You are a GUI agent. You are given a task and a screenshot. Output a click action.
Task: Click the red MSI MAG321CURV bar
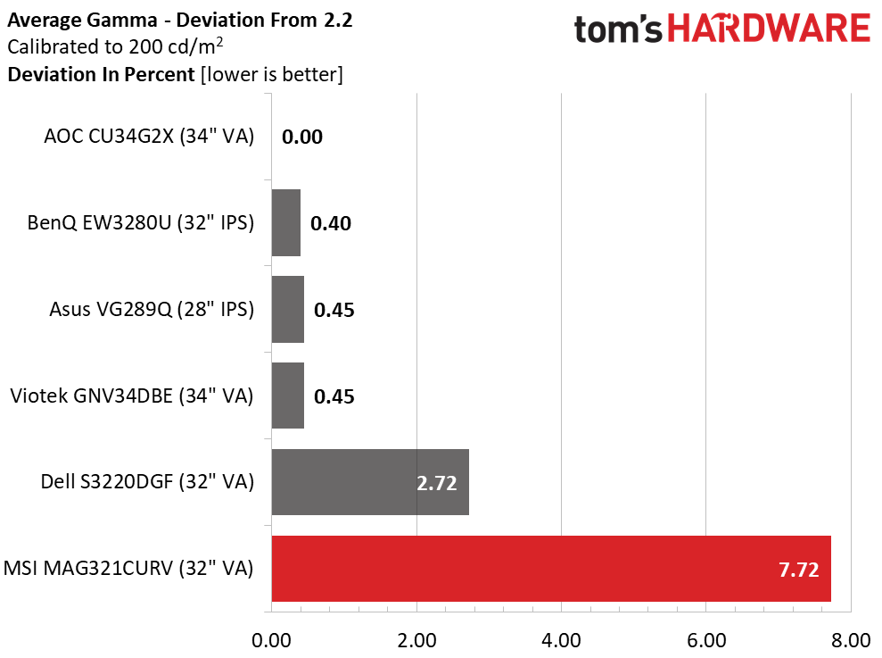[x=551, y=569]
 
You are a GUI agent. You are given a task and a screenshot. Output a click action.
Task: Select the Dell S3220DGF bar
[x=370, y=481]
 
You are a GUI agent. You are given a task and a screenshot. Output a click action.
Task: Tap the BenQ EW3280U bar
[x=286, y=222]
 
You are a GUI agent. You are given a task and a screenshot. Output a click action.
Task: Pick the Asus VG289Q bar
[x=288, y=309]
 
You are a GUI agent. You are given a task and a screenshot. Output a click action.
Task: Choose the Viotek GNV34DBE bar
[x=288, y=396]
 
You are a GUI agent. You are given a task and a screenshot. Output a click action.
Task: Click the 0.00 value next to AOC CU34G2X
[x=302, y=137]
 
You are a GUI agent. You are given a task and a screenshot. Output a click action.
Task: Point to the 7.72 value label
[x=799, y=570]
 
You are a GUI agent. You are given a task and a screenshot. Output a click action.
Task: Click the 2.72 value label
[x=436, y=483]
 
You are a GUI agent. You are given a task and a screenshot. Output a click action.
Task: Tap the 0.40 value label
[x=331, y=224]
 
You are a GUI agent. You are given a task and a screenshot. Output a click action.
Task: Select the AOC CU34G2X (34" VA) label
[x=149, y=137]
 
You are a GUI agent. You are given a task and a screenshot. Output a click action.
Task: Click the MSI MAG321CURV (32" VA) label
[x=128, y=568]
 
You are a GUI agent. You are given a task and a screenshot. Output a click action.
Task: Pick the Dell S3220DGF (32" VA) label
[x=147, y=481]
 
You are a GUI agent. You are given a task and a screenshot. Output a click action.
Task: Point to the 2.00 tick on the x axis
[x=416, y=640]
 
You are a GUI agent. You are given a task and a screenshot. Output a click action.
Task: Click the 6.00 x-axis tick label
[x=706, y=640]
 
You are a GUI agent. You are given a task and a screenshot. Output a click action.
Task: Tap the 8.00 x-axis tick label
[x=851, y=640]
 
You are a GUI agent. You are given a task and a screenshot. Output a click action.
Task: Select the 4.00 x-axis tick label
[x=561, y=640]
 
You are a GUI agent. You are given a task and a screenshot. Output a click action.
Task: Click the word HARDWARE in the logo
[x=769, y=29]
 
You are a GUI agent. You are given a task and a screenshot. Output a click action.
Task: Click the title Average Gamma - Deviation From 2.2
[x=180, y=21]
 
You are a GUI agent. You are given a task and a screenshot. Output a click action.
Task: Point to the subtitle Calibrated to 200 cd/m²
[x=115, y=46]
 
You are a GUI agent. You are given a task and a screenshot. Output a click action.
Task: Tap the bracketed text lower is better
[x=272, y=74]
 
